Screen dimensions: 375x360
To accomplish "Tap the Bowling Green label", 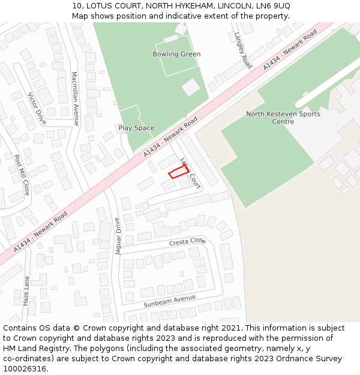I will click(x=176, y=54).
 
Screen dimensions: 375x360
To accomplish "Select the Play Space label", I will click(x=136, y=128).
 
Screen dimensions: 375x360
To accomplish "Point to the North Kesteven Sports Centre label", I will click(x=283, y=118).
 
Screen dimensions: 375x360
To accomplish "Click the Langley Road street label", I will click(x=243, y=50).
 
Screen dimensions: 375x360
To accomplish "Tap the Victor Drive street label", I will click(x=37, y=109).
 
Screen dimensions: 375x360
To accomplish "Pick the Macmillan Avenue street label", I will click(x=75, y=98).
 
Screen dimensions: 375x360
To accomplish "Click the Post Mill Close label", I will click(x=22, y=175).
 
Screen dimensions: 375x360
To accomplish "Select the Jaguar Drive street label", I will click(x=118, y=236).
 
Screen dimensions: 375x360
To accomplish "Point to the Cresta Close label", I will click(x=187, y=242).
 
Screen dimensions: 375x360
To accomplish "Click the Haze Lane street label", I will click(x=26, y=291).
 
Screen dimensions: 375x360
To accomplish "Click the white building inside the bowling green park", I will click(x=191, y=87).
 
